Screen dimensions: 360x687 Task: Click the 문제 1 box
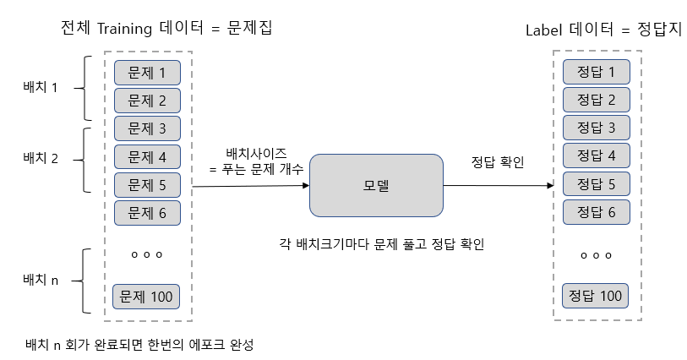[147, 73]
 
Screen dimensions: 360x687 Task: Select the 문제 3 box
[147, 128]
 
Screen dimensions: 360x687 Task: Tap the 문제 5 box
[147, 184]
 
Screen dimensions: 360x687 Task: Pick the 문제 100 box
[146, 297]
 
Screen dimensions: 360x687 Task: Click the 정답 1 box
[596, 73]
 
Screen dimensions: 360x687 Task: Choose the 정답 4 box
[596, 155]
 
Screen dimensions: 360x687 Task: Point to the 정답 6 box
[596, 211]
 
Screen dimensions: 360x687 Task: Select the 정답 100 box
[596, 297]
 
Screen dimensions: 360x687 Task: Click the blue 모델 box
[376, 185]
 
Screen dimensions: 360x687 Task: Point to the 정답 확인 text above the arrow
[497, 162]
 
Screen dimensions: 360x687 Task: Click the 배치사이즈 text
[255, 153]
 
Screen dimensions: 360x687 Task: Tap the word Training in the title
[123, 28]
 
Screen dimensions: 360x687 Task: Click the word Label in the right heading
[545, 30]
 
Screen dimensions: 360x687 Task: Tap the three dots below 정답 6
[596, 254]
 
